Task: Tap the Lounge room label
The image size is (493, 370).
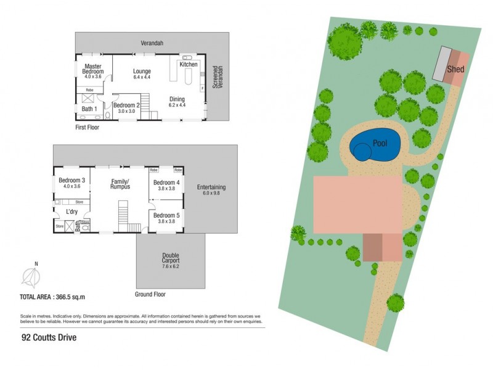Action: (142, 72)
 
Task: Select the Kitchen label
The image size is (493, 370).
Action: (188, 64)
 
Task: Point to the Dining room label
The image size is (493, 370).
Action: (177, 99)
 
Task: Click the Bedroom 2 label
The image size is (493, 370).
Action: (127, 105)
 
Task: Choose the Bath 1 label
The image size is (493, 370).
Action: (89, 109)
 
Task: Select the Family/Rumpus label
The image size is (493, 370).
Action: (120, 184)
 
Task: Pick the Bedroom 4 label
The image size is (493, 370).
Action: (166, 183)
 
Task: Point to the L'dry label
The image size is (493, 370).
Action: (72, 212)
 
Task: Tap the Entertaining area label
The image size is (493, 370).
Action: (211, 187)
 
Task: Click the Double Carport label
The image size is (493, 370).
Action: (170, 258)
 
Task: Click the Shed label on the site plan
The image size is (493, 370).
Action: (455, 70)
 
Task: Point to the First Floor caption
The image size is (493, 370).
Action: (87, 128)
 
